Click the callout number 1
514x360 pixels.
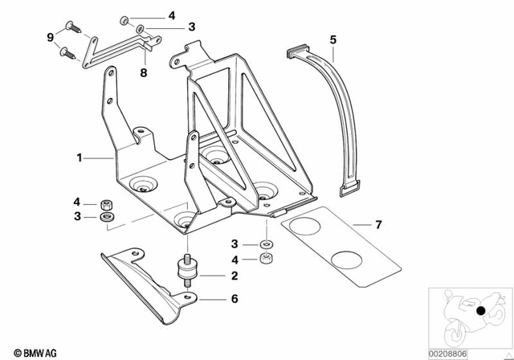pos(80,158)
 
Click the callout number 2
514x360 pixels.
pos(235,276)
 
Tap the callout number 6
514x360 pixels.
pos(235,299)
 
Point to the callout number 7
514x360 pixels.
pos(378,224)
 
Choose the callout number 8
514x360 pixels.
pos(144,73)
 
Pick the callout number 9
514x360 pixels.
pos(50,38)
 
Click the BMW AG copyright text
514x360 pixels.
pos(30,351)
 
